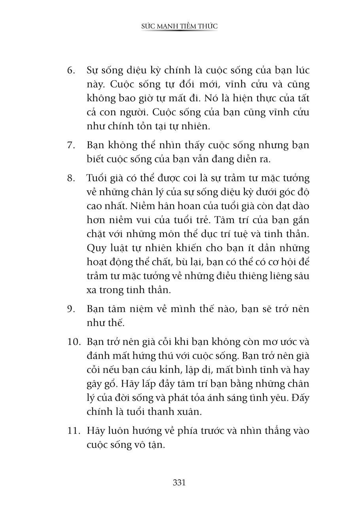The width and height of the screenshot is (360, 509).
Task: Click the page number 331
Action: tap(179, 482)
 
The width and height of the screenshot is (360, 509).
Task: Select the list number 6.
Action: tap(71, 71)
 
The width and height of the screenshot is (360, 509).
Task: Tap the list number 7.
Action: tap(71, 145)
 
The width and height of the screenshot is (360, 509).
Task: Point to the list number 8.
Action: tap(71, 178)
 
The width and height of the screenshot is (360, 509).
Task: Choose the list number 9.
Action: tap(71, 309)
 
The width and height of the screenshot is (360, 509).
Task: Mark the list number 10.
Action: tap(74, 342)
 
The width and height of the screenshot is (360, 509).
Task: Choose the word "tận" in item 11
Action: tap(155, 444)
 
